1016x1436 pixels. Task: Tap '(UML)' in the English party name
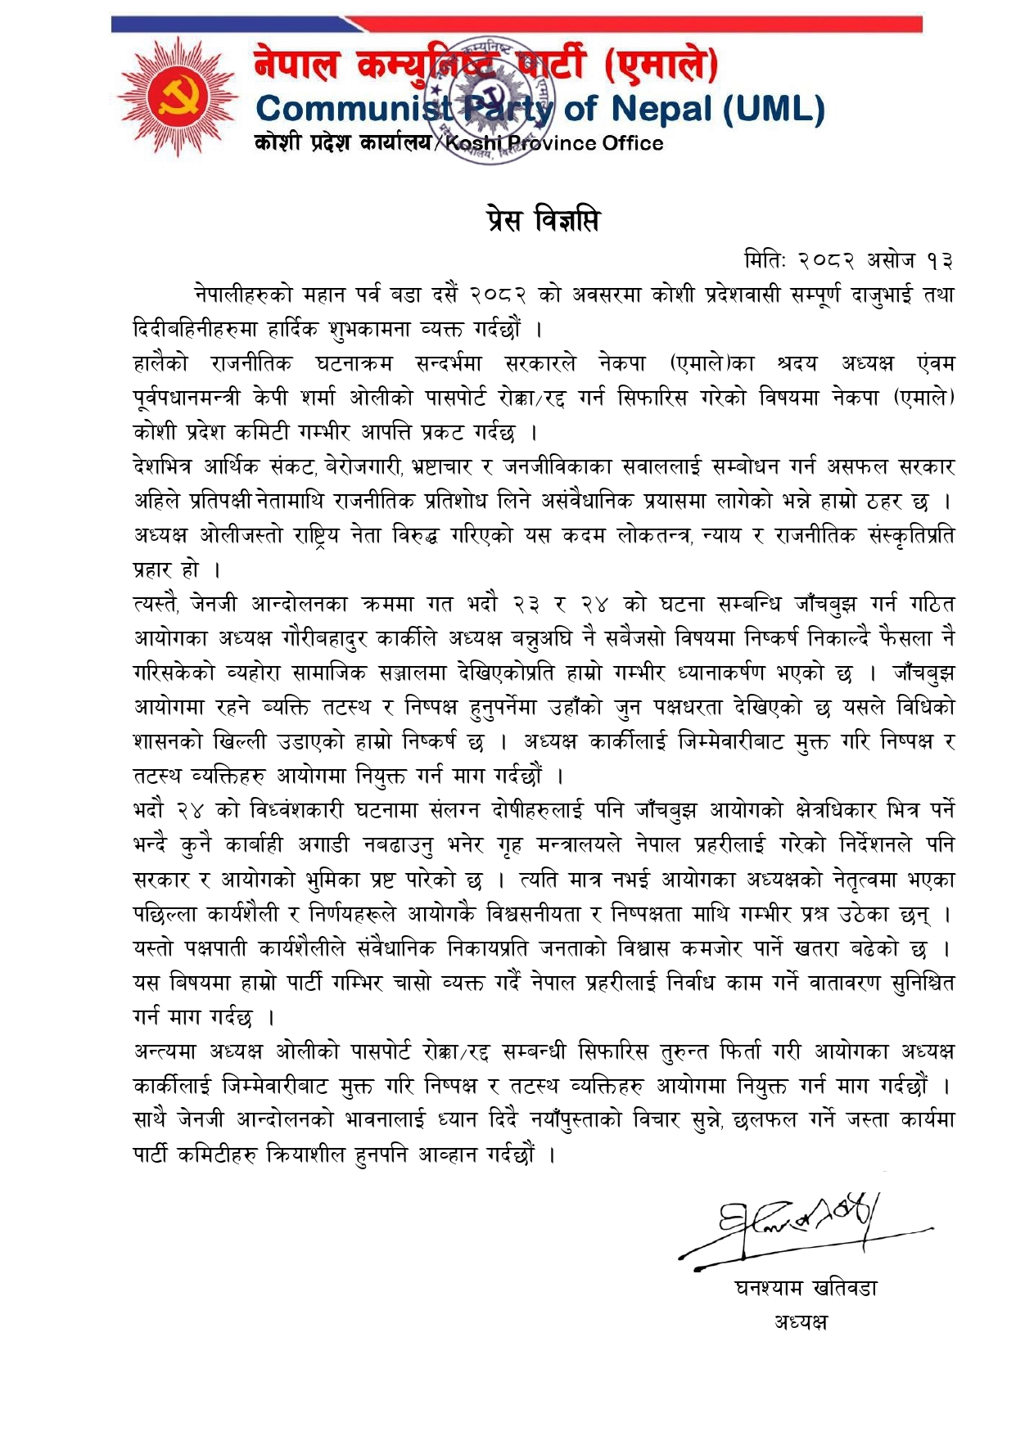point(774,109)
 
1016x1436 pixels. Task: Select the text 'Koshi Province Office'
point(554,144)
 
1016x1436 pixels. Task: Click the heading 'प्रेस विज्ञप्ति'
point(541,221)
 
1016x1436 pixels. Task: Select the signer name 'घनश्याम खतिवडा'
point(806,1289)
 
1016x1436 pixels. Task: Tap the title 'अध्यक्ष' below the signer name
point(800,1321)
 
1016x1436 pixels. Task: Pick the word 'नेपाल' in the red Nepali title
point(296,65)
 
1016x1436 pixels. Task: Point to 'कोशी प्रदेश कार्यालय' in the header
point(342,144)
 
